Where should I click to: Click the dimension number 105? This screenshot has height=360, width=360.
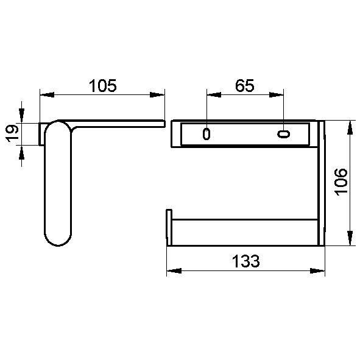click(102, 86)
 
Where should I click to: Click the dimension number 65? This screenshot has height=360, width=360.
click(245, 86)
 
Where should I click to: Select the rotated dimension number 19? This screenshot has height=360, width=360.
click(12, 133)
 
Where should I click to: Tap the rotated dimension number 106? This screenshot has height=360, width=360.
click(341, 182)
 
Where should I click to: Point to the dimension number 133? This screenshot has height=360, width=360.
click(245, 261)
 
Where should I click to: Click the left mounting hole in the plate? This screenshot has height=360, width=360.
click(206, 134)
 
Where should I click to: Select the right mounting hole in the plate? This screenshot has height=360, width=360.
click(283, 134)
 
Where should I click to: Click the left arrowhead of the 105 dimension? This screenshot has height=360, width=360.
click(47, 94)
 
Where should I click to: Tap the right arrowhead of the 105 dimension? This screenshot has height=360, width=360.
click(157, 94)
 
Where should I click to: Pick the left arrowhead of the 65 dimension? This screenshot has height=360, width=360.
click(214, 94)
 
